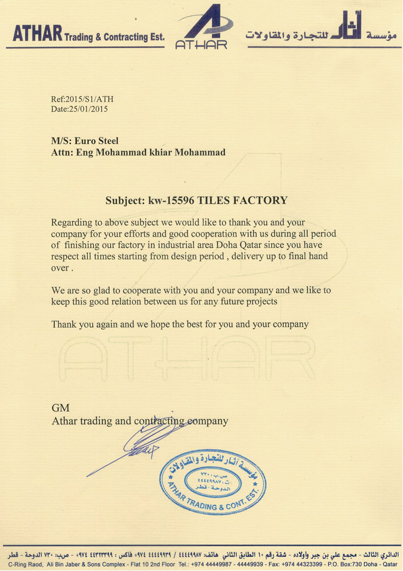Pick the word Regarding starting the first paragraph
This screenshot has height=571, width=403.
click(x=71, y=223)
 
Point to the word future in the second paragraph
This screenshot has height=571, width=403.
click(x=228, y=302)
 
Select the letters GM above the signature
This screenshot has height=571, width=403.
click(x=60, y=407)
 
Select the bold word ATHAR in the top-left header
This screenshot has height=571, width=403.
click(x=37, y=34)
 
